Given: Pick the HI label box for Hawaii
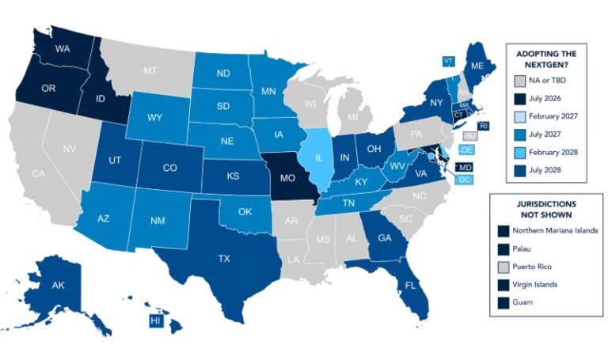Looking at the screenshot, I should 155,320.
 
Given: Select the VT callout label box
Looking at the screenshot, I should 448,61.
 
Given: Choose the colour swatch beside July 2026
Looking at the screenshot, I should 519,98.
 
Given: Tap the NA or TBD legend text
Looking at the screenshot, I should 551,81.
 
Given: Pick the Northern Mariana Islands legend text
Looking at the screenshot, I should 560,229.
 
